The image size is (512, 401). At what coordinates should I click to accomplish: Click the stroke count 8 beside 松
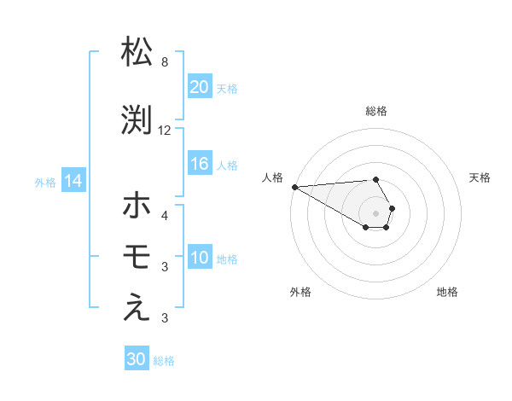click(x=165, y=62)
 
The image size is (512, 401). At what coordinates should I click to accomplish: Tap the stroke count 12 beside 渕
click(x=165, y=131)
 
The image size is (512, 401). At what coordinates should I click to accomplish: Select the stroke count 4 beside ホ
click(x=165, y=215)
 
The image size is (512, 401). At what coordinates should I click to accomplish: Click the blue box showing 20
click(x=200, y=86)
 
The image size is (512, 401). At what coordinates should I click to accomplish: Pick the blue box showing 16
click(x=200, y=164)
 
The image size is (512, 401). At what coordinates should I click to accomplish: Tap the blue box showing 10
click(x=200, y=258)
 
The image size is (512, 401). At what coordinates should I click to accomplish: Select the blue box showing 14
click(x=73, y=181)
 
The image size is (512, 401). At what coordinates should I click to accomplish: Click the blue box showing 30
click(x=137, y=359)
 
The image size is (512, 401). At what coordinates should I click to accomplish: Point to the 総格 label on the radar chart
click(x=376, y=111)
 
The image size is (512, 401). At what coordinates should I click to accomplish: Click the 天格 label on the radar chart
click(x=480, y=177)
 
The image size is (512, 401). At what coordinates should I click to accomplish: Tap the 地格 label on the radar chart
click(x=447, y=292)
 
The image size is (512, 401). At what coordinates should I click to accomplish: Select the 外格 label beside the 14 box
click(x=44, y=182)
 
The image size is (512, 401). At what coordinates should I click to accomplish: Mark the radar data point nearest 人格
click(x=294, y=187)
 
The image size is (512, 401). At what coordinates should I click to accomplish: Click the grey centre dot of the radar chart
click(x=375, y=212)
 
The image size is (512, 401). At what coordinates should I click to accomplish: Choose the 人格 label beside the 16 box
click(x=227, y=165)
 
